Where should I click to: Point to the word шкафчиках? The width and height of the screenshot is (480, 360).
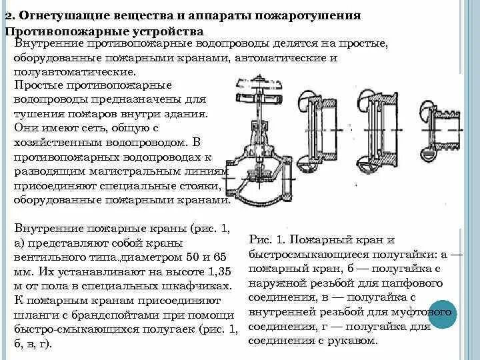point(198,286)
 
